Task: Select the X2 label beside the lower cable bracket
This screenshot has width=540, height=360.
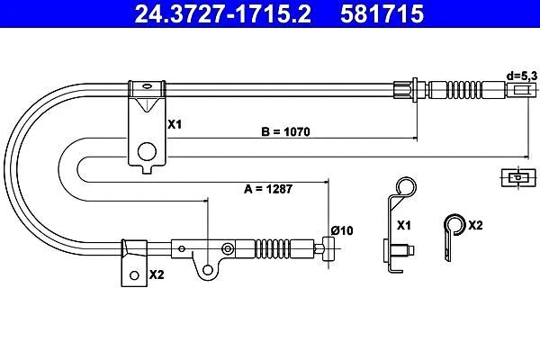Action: pyautogui.click(x=156, y=274)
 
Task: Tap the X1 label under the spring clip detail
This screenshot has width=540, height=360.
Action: pyautogui.click(x=404, y=225)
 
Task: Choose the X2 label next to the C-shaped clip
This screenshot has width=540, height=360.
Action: pyautogui.click(x=476, y=225)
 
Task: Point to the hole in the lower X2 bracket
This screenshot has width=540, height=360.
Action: pyautogui.click(x=133, y=274)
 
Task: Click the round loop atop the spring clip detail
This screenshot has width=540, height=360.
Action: pyautogui.click(x=406, y=188)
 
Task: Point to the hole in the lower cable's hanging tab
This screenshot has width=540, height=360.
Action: pyautogui.click(x=210, y=266)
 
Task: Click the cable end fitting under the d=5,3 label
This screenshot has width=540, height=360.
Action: pyautogui.click(x=519, y=90)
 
